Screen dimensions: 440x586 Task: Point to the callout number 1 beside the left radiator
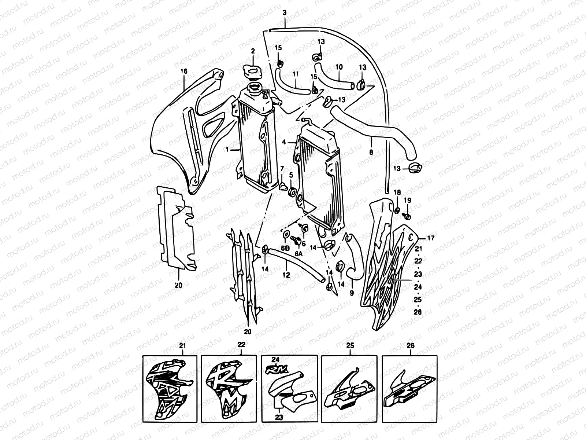(x=227, y=150)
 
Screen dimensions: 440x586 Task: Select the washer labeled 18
(x=397, y=211)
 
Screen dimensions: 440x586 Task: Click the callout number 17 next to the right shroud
(x=431, y=238)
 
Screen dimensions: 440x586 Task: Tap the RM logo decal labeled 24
(x=276, y=368)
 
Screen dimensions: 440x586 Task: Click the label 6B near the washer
(x=285, y=248)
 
